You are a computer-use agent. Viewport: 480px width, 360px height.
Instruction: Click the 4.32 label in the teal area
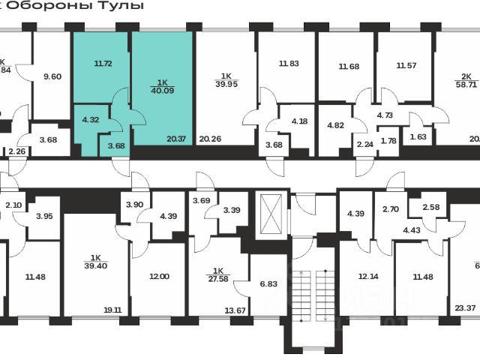coord(90,120)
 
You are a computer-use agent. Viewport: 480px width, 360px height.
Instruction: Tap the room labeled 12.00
coord(159,277)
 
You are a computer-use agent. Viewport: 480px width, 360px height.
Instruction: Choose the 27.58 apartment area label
coord(217,274)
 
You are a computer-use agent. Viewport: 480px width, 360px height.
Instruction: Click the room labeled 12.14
coord(367,277)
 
